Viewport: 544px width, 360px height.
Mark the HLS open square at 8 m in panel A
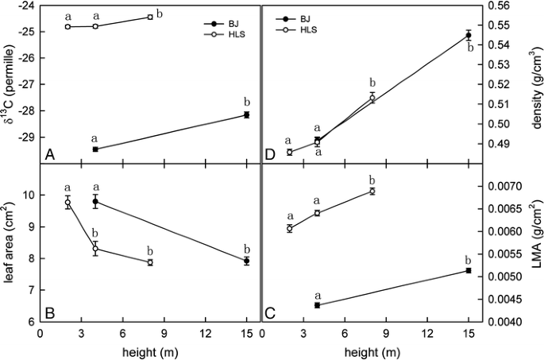[151, 17]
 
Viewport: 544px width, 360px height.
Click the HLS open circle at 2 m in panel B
[68, 203]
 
